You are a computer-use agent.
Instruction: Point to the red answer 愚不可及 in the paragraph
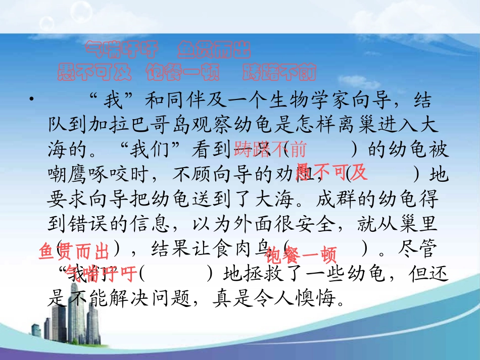(331, 173)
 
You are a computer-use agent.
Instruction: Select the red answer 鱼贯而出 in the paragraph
(74, 251)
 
